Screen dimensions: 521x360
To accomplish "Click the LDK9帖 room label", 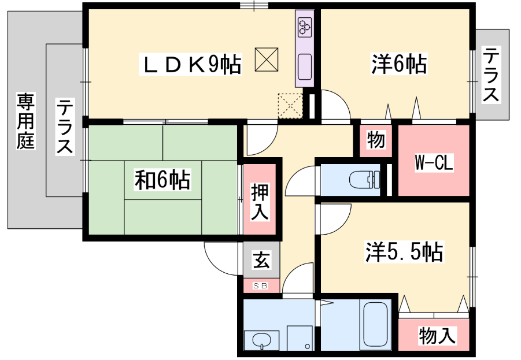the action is pos(190,64).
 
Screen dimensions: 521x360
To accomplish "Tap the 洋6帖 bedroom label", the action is pos(399,64).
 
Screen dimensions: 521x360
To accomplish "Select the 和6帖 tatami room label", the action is pos(162,180).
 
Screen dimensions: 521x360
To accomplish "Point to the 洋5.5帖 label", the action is pos(404,252).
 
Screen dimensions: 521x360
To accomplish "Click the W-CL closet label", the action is pos(434,163).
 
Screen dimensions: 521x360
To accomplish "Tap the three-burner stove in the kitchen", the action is pos(305,27).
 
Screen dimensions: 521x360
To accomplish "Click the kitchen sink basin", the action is pos(305,67).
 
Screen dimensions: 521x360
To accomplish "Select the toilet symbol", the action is pos(364,180).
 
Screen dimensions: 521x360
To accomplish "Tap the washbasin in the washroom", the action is pos(262,340).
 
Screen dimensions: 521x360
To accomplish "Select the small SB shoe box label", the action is pos(260,285).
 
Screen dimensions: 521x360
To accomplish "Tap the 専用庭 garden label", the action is pos(26,121).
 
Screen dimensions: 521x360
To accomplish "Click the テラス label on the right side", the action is pos(491,75).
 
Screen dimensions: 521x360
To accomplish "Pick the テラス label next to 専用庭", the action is pos(64,126).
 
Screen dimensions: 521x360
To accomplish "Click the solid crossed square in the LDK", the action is pos(267,60).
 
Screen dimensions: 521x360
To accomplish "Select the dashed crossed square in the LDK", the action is pos(290,106).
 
